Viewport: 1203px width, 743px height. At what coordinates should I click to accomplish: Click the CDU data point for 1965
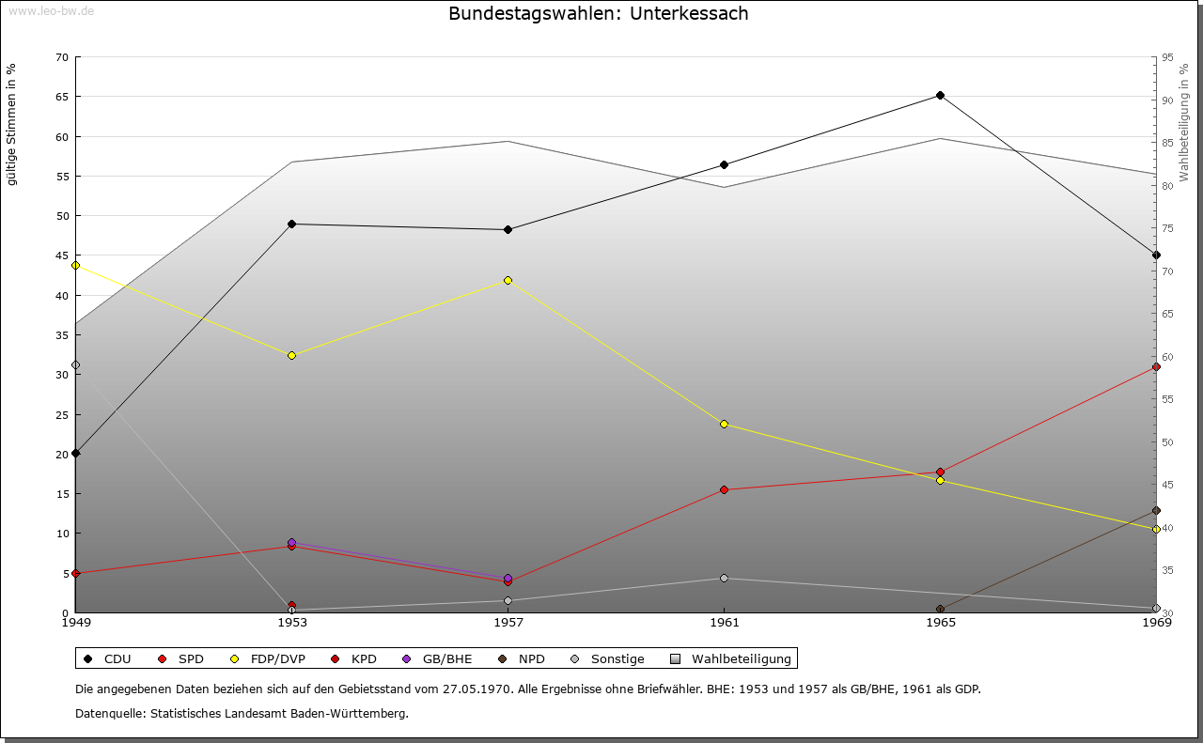[x=940, y=95]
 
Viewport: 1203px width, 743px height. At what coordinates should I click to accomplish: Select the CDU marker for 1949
[x=75, y=453]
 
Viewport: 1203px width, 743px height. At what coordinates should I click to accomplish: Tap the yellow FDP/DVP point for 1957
[x=508, y=280]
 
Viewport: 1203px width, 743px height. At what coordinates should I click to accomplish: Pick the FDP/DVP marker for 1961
[x=724, y=424]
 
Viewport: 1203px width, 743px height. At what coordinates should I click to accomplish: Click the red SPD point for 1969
[x=1156, y=366]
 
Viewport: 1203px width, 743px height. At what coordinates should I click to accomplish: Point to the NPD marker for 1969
[x=1156, y=510]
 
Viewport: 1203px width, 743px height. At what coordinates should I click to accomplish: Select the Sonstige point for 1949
[x=75, y=364]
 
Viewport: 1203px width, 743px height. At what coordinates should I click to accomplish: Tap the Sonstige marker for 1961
[x=724, y=578]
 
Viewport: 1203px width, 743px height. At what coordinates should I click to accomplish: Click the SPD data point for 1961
[x=724, y=489]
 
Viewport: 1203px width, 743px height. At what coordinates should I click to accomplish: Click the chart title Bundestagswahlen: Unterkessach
[x=599, y=13]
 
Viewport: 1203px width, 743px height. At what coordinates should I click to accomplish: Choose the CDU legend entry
[x=109, y=658]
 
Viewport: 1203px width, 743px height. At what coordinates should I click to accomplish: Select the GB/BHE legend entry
[x=438, y=658]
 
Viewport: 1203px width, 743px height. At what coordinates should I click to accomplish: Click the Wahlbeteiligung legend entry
[x=732, y=658]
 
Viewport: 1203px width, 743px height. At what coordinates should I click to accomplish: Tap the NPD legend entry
[x=523, y=658]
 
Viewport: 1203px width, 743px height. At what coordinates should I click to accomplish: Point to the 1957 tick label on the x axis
[x=508, y=622]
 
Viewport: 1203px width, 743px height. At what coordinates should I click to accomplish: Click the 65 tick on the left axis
[x=62, y=97]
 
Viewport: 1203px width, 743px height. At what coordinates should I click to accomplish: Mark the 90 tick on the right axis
[x=1166, y=101]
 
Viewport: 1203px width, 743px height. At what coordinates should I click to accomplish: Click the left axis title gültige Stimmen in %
[x=12, y=124]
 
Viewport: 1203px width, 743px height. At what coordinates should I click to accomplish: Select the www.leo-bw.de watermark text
[x=50, y=11]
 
